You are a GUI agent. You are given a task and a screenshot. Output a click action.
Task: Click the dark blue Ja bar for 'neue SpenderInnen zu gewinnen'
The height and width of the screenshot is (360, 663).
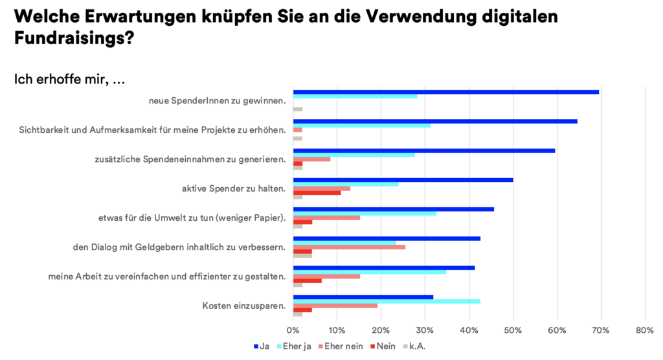(x=446, y=92)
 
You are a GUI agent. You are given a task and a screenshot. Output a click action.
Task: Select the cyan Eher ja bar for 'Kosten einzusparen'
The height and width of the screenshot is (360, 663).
(x=387, y=301)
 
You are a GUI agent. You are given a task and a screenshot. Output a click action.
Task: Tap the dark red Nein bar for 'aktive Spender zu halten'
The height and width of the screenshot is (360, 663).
(x=317, y=192)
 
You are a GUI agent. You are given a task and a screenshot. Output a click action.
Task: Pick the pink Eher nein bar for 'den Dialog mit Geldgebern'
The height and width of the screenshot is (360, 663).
(x=349, y=247)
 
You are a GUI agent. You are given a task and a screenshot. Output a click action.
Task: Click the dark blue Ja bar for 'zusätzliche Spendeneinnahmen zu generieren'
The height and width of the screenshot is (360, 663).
(x=424, y=150)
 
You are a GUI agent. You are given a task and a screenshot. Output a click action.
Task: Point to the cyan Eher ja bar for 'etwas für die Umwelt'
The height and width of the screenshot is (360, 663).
(x=365, y=213)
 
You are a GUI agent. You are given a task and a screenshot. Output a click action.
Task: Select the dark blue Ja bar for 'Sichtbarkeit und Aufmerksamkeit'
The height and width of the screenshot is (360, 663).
(x=435, y=121)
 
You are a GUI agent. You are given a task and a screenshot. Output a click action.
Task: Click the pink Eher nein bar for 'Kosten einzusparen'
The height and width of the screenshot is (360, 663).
(x=335, y=306)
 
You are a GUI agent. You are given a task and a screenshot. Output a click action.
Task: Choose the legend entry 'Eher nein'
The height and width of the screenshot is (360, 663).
(x=341, y=346)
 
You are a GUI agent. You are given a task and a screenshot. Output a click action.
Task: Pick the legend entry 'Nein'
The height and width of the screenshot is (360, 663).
(x=383, y=346)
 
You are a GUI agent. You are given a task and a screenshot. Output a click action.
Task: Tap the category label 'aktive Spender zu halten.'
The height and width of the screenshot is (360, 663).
(x=234, y=188)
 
